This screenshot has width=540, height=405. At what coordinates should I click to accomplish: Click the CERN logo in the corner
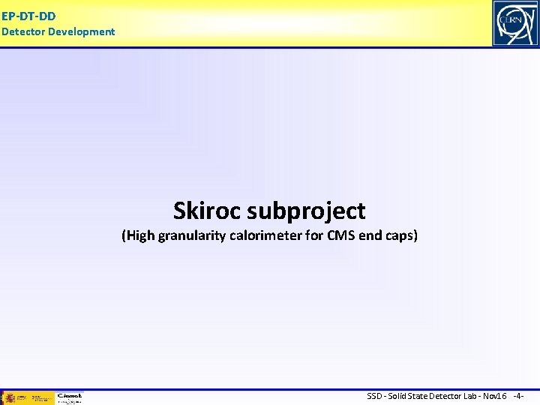(515, 23)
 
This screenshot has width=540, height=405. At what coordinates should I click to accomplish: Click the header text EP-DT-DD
(28, 15)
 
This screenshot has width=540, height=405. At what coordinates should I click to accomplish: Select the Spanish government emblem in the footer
(10, 397)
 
